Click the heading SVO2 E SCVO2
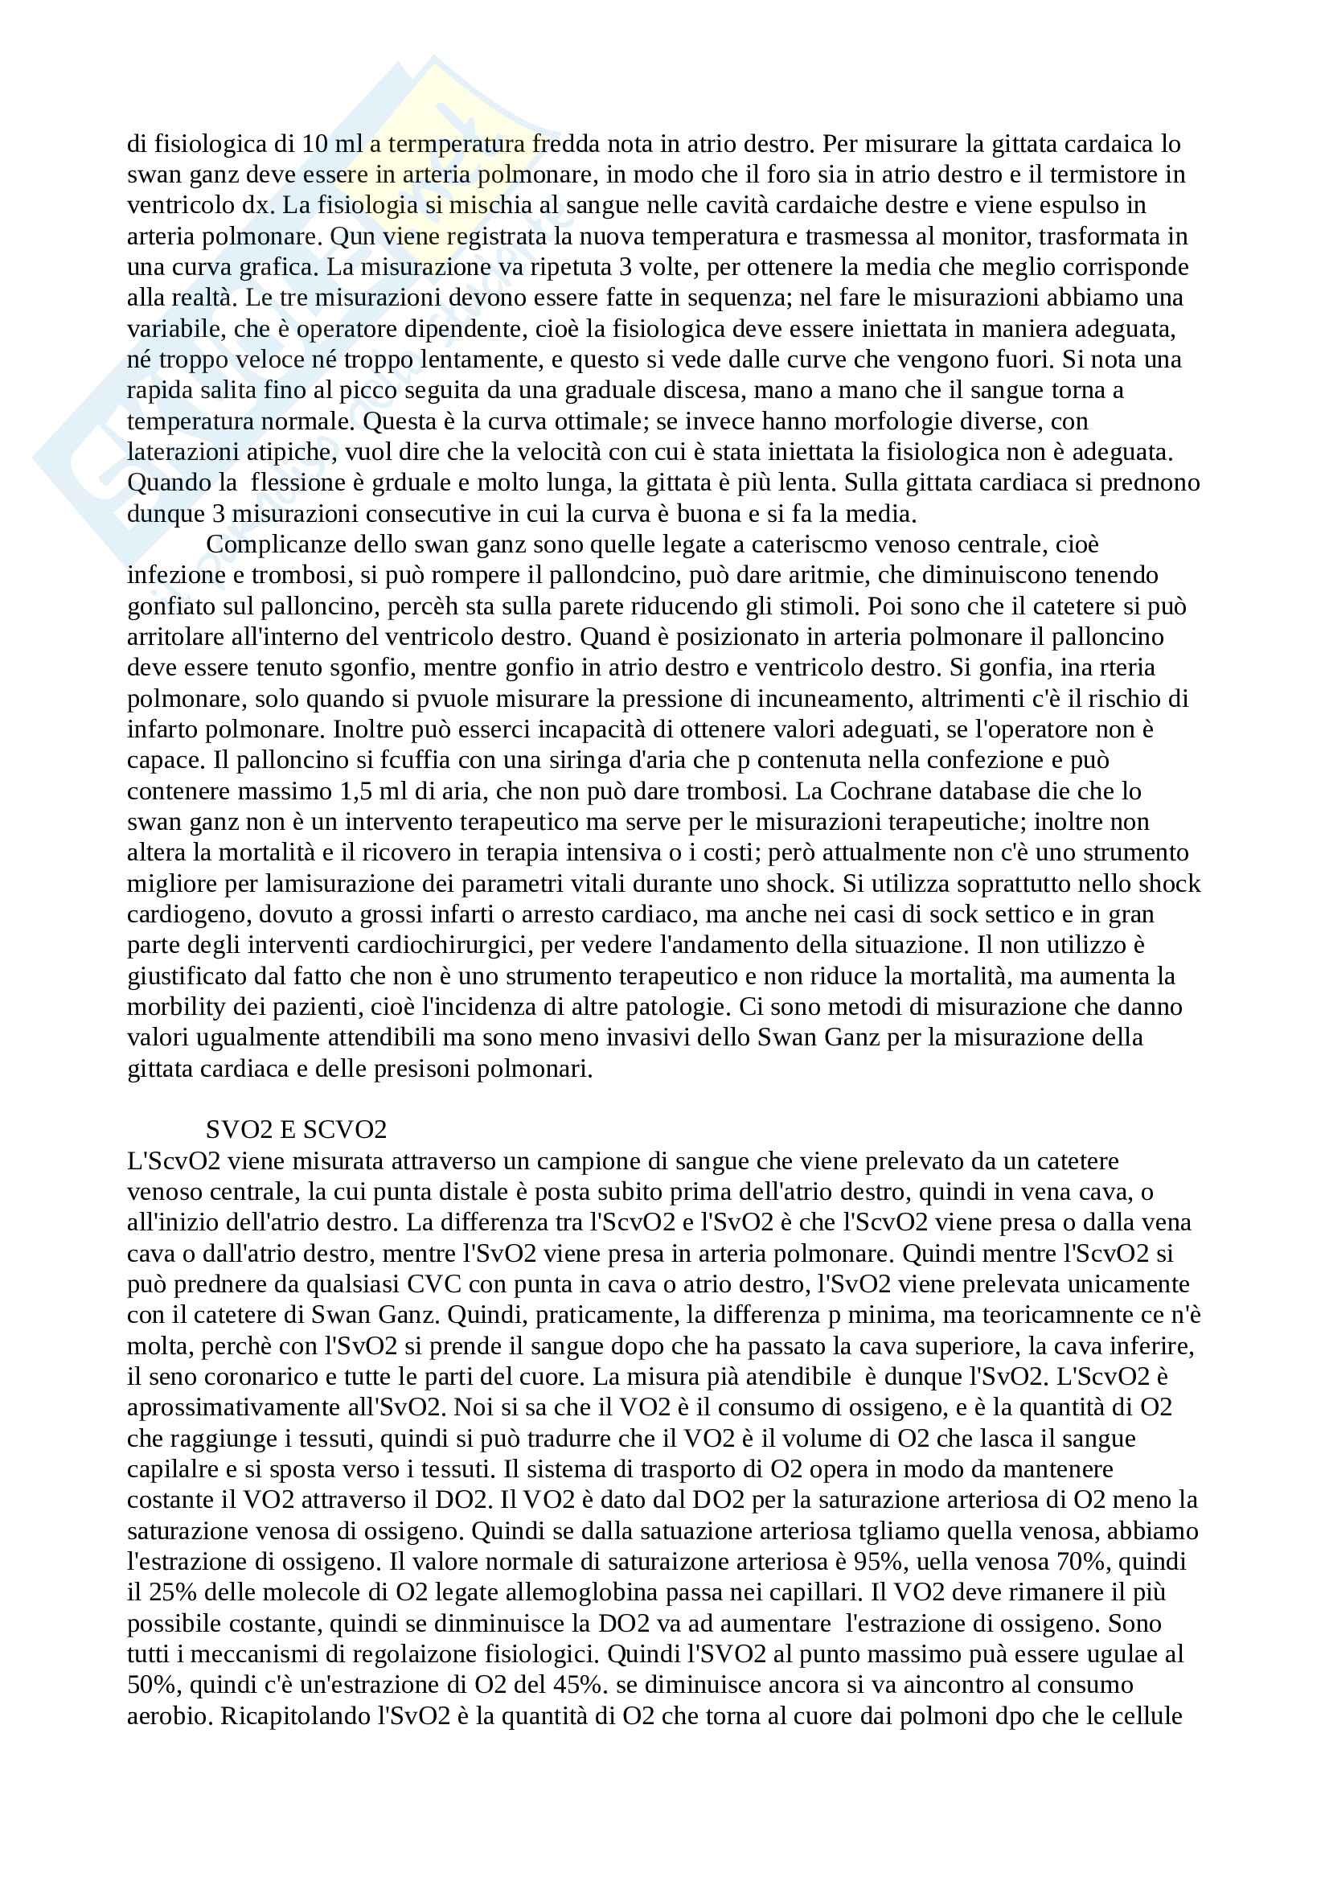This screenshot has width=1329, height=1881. click(296, 1130)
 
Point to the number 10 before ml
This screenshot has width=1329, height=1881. click(314, 143)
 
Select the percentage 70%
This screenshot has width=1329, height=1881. click(1081, 1562)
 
